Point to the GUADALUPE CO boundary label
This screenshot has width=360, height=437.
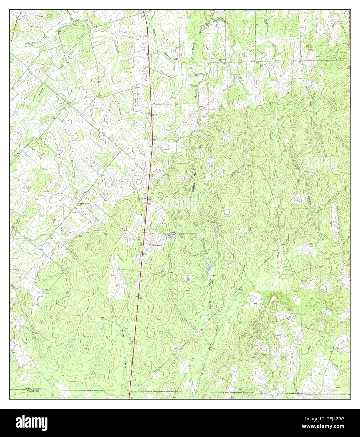[x=33, y=389]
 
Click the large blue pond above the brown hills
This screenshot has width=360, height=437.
[x=252, y=297]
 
